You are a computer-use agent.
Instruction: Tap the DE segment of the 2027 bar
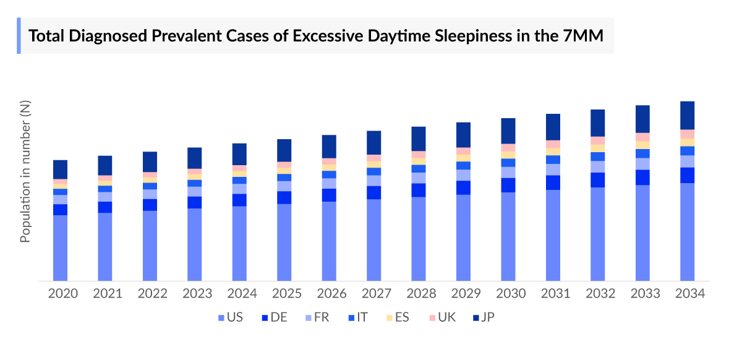(373, 192)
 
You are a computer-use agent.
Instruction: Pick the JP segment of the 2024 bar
(239, 154)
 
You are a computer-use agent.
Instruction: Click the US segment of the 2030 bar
(508, 236)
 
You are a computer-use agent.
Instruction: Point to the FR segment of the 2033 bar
(642, 164)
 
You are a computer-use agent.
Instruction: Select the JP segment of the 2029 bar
(463, 134)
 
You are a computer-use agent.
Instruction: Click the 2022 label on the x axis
(152, 294)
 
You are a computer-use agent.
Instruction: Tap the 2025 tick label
(286, 294)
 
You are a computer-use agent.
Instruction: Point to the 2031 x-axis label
(555, 294)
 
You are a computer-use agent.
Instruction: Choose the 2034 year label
(689, 294)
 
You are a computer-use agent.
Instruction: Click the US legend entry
(229, 318)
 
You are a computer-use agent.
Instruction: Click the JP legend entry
(482, 318)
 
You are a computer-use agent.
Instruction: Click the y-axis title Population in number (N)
(25, 171)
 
